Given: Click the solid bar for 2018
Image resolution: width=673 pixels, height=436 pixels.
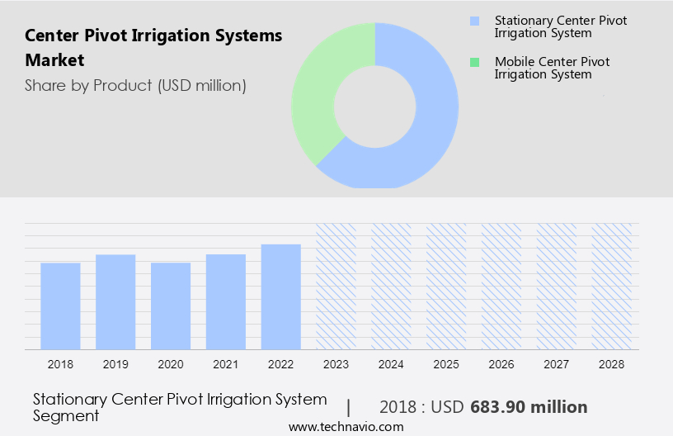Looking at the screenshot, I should [x=60, y=306].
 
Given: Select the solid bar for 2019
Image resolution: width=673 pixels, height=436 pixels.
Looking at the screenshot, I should [x=115, y=301].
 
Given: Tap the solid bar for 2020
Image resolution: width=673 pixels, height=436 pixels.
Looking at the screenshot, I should [x=171, y=306].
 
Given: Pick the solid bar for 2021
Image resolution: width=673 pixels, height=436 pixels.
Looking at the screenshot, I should [x=226, y=301].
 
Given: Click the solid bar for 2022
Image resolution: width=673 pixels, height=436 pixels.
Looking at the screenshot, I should [x=281, y=296].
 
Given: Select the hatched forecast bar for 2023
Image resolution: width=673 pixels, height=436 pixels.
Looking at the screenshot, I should [x=336, y=286].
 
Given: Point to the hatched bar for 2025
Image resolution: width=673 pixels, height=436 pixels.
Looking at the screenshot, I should [x=446, y=286].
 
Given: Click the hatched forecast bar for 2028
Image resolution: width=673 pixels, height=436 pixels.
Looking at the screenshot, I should [x=612, y=286].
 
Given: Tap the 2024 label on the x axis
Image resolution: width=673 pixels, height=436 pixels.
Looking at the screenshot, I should [x=391, y=363].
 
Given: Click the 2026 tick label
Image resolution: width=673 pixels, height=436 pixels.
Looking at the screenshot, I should [x=501, y=363].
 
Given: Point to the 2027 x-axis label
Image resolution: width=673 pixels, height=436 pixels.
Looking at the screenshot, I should [x=557, y=363].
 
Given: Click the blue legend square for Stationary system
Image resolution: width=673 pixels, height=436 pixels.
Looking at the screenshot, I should [x=473, y=20].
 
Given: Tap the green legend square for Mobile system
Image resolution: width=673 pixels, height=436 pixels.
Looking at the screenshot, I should [x=473, y=62].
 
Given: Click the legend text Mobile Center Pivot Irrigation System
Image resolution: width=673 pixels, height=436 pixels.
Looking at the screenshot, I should [x=553, y=68].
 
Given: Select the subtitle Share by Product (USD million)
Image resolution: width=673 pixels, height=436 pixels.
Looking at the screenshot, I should [x=135, y=85].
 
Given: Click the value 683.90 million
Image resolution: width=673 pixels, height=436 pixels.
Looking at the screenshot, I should [x=529, y=407].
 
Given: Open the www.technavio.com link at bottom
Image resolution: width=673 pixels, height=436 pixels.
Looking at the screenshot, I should [x=346, y=427].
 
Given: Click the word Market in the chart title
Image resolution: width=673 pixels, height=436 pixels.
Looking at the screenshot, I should [x=54, y=60].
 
